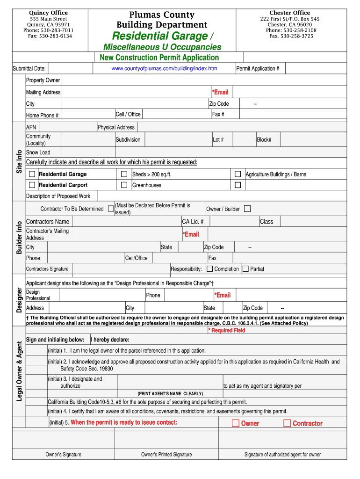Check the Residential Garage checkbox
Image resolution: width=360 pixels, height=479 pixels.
(32, 174)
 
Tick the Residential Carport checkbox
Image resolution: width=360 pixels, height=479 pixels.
(32, 185)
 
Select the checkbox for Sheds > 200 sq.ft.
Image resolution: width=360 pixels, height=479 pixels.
(124, 174)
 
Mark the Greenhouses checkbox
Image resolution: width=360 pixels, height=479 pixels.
(124, 185)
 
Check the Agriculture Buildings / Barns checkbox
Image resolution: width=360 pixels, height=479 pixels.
(238, 174)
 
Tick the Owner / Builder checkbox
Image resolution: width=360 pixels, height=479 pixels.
(247, 209)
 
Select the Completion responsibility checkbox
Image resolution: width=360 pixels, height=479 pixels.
(209, 269)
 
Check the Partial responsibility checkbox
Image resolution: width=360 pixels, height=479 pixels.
(245, 269)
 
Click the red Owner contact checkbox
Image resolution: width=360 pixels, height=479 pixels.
(236, 423)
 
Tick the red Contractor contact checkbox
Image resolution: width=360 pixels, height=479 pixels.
(287, 423)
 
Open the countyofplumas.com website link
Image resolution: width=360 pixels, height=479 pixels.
(164, 69)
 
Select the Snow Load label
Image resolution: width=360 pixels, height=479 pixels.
(38, 152)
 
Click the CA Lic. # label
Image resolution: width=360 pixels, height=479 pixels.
(193, 222)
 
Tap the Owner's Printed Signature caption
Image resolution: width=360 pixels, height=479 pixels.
(166, 454)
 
